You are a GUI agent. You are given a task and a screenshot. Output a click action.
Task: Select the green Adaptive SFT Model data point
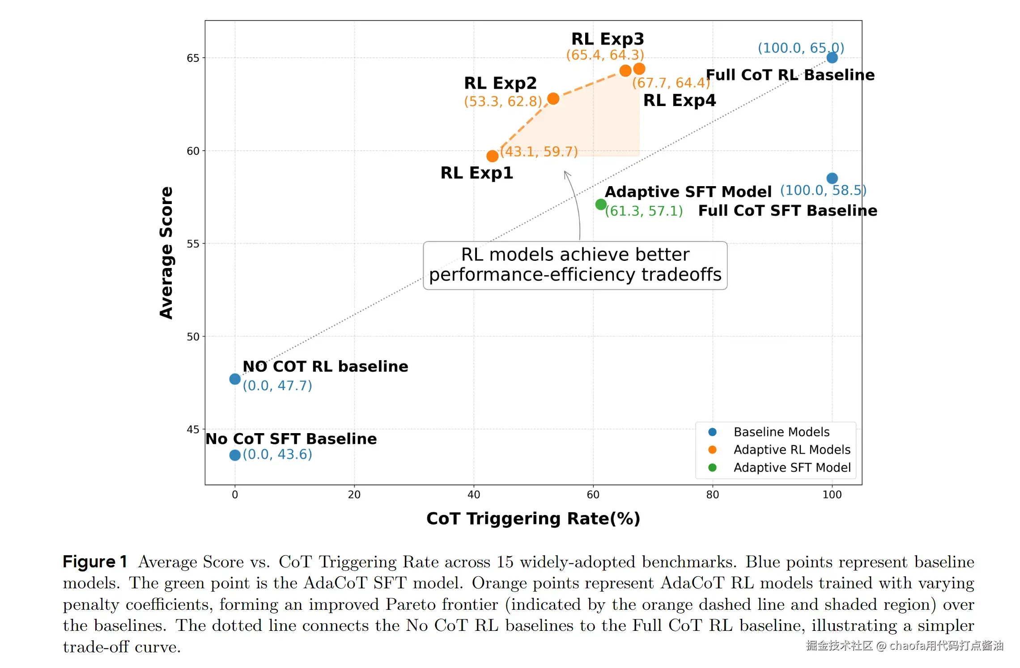pos(601,204)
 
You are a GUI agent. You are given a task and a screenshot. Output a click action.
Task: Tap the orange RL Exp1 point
pos(492,156)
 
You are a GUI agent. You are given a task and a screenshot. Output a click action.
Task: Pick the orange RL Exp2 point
pos(553,98)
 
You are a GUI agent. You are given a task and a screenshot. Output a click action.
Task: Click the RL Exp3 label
pos(608,39)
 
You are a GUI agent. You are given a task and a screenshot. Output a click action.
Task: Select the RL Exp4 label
pos(679,100)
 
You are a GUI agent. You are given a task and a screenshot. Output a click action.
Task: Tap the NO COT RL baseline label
pos(325,366)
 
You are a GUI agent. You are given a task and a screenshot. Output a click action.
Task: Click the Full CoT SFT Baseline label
pos(787,210)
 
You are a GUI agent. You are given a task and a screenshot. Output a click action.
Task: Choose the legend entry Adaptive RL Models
pos(791,450)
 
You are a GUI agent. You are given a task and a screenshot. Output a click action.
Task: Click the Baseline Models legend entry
pos(781,432)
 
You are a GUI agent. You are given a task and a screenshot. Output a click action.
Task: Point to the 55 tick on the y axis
pos(193,244)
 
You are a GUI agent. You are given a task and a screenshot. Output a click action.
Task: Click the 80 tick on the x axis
pos(712,494)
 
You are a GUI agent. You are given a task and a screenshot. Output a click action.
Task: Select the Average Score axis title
pos(166,253)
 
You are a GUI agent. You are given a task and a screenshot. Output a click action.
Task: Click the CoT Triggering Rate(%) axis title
pos(533,519)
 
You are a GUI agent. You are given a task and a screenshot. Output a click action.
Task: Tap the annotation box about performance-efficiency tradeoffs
pos(575,265)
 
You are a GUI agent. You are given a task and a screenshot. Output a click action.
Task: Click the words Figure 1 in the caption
pos(95,562)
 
